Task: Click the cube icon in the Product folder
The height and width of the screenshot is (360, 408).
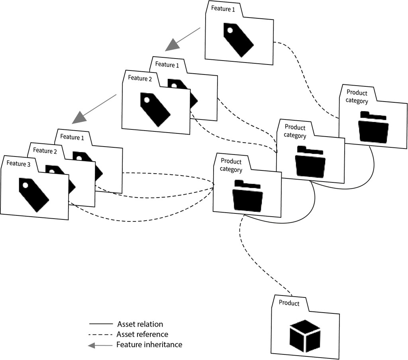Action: pos(305,336)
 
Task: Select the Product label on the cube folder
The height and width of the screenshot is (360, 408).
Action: pos(289,303)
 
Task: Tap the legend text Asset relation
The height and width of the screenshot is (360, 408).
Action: pos(140,324)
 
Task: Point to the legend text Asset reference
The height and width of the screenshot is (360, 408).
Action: pos(143,334)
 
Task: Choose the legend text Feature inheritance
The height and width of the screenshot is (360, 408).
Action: pos(149,344)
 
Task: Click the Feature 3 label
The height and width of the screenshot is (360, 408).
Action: pos(18,163)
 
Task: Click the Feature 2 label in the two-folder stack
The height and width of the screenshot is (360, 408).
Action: pos(140,78)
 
